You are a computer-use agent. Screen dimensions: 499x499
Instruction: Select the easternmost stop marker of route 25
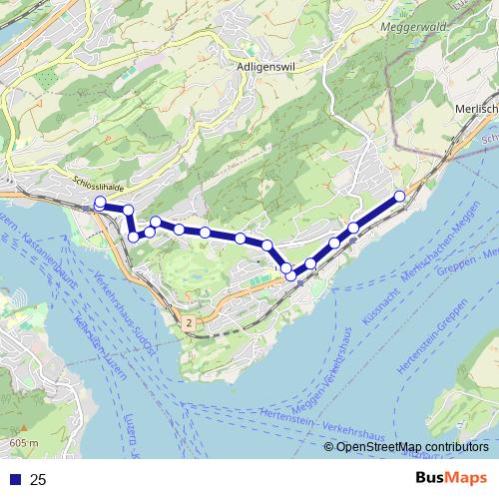tap(400, 196)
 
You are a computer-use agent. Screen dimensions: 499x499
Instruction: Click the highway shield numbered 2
tap(188, 322)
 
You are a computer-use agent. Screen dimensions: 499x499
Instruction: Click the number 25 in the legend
tap(39, 480)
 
